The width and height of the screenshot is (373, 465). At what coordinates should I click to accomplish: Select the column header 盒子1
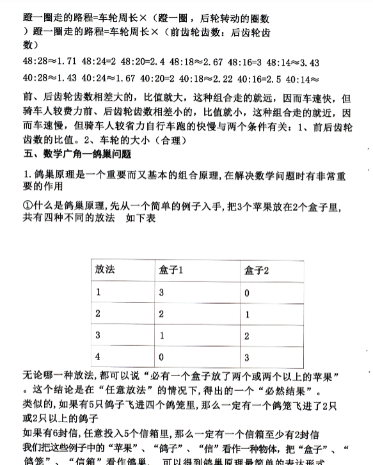coord(172,270)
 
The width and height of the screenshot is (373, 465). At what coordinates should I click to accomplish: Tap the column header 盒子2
coord(257,270)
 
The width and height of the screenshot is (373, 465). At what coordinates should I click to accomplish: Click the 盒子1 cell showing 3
coord(163,292)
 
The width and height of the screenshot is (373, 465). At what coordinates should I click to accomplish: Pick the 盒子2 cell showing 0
coord(247,292)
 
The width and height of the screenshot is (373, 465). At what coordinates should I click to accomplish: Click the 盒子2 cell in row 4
coord(247,357)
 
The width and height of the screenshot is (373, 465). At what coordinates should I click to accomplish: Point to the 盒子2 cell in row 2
coord(247,314)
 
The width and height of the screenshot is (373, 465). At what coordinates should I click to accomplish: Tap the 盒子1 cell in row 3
coord(163,335)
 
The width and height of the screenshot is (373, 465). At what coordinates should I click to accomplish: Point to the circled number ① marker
coord(27,208)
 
